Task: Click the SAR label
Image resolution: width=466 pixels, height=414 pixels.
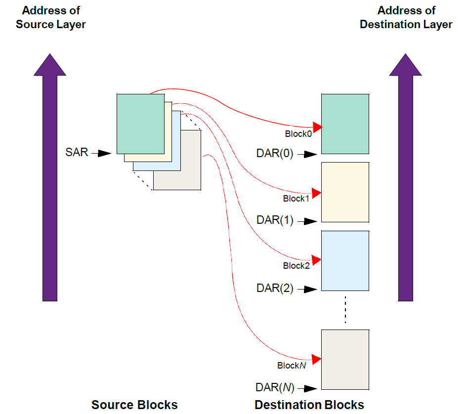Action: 77,152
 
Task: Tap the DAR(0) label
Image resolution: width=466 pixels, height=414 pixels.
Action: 275,154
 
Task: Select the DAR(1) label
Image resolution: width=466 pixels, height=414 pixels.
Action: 275,220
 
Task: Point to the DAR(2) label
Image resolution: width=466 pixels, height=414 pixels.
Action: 275,289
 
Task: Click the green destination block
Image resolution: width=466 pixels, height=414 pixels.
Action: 345,124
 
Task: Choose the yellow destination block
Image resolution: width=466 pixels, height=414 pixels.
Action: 345,192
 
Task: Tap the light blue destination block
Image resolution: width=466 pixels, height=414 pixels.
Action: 345,260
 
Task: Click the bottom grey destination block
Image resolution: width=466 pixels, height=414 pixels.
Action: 345,360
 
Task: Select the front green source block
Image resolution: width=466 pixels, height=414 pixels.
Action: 140,124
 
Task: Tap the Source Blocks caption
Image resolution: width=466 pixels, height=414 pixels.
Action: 134,405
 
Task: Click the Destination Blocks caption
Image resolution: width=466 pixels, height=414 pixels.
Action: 309,405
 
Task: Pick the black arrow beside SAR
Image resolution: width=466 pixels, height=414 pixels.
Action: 104,154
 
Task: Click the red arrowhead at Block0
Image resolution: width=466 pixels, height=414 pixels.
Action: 318,127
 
